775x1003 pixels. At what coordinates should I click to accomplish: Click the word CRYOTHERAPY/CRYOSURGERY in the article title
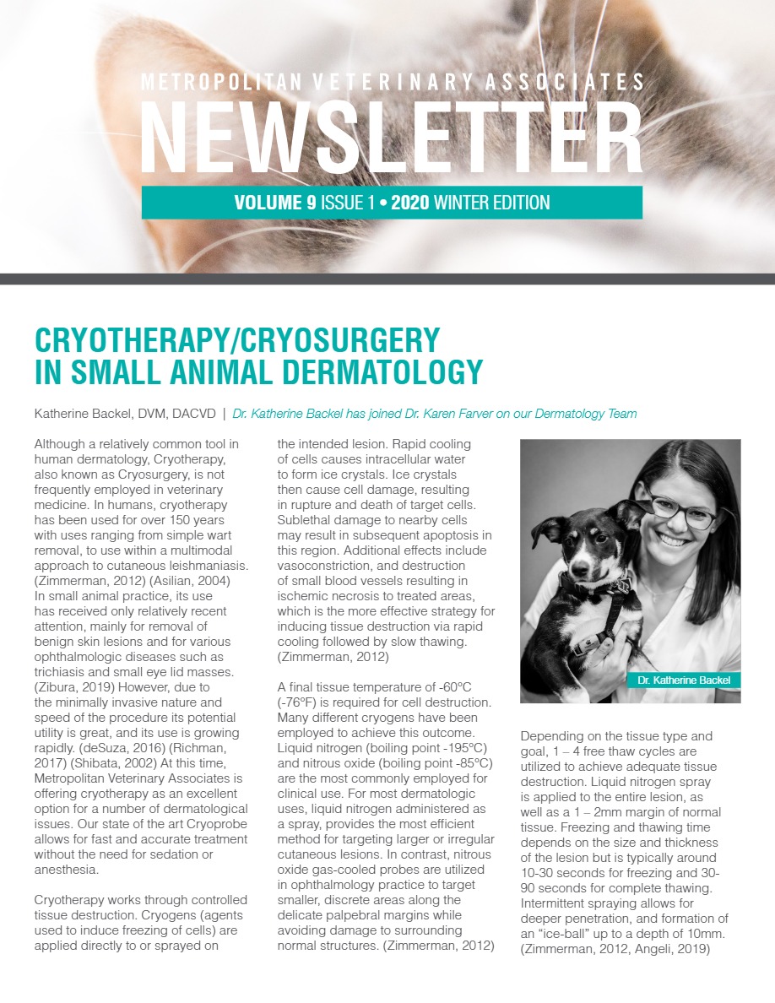click(237, 340)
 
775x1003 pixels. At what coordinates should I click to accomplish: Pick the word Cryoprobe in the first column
click(210, 825)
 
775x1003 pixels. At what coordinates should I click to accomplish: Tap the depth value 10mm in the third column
click(705, 934)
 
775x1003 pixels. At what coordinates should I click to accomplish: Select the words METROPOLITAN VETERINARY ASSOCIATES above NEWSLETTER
click(392, 82)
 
